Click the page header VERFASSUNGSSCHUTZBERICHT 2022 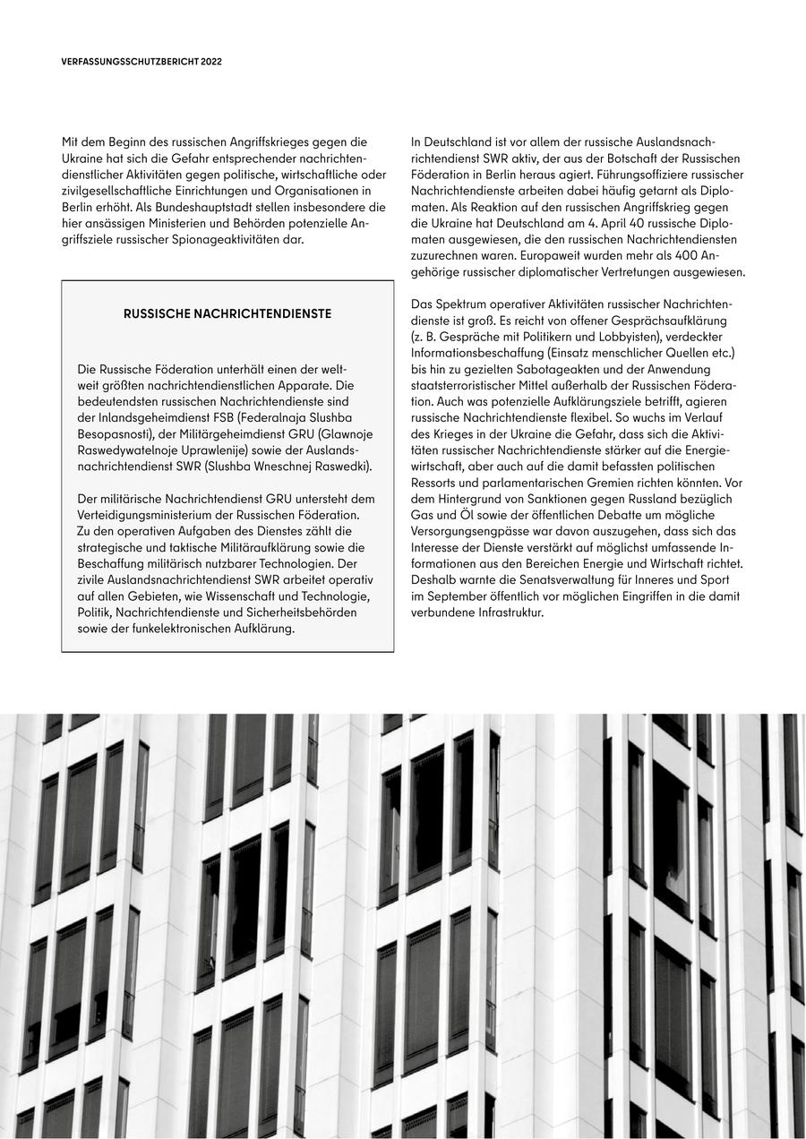[x=141, y=62]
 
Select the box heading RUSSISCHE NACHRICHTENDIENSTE [x=227, y=314]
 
